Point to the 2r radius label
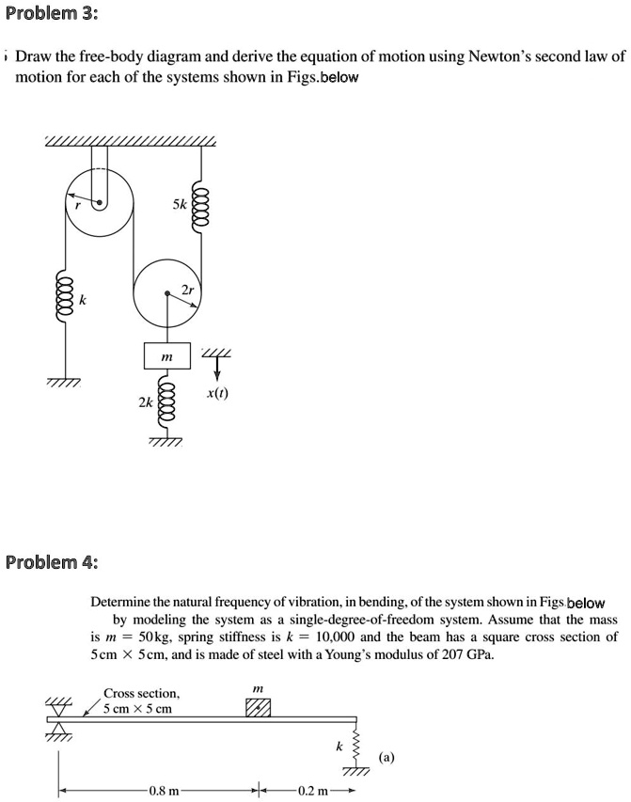188,291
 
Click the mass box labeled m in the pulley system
166,356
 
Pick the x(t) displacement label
217,397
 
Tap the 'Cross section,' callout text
141,693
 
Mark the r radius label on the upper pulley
78,200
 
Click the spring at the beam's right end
355,746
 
